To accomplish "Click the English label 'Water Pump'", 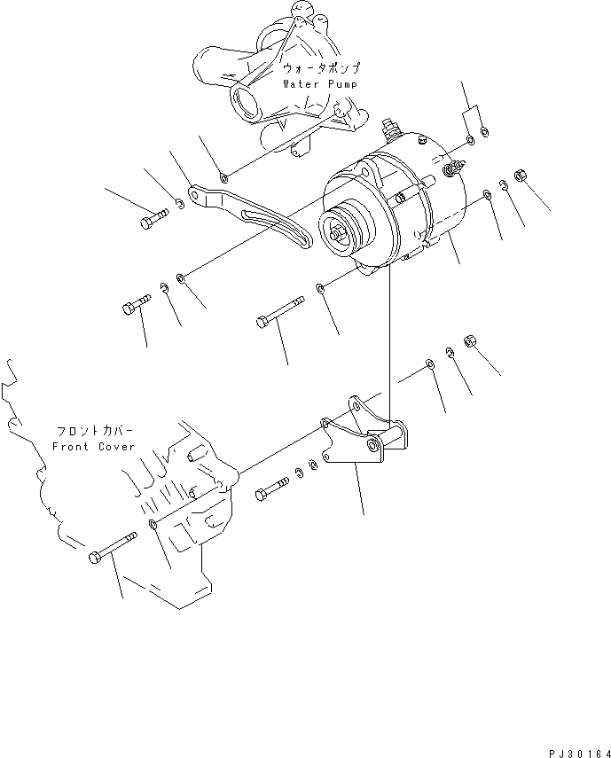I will click(x=320, y=84).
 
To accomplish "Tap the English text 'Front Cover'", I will click(x=93, y=447).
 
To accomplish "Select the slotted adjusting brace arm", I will click(x=254, y=216).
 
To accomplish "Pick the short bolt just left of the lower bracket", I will click(x=272, y=488).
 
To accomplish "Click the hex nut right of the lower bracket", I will click(x=471, y=342).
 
